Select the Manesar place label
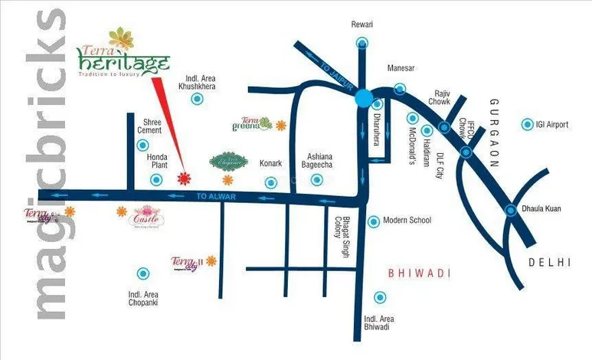401,67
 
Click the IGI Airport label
553,124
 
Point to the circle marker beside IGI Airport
527,124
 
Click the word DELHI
550,263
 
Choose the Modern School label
407,221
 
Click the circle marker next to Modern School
374,221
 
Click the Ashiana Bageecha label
318,159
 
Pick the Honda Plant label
157,159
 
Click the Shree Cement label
149,126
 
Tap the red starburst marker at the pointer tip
184,179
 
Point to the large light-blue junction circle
363,98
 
